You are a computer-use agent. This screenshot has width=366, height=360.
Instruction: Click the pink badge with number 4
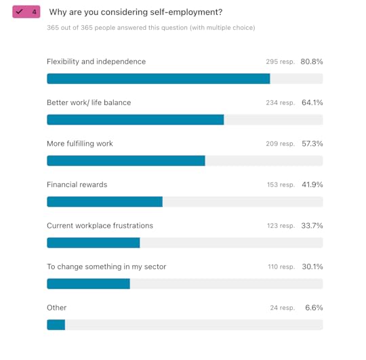coord(26,12)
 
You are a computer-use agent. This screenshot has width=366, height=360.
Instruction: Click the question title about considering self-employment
coord(136,12)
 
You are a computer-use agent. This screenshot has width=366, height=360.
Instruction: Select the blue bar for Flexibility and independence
coord(158,79)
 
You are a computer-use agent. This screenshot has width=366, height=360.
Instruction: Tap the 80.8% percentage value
coord(312,62)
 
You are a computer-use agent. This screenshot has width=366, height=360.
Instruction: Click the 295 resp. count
coord(280,62)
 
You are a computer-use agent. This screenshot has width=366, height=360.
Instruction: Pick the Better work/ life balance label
coord(89,102)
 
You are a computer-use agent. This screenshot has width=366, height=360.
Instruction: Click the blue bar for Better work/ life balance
coord(135,119)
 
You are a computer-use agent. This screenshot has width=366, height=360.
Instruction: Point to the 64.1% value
coord(312,102)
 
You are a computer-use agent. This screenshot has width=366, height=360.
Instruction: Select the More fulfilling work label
coord(80,144)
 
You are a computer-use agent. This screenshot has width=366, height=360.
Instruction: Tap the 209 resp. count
coord(280,144)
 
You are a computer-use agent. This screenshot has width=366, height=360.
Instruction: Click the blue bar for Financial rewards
coord(104,201)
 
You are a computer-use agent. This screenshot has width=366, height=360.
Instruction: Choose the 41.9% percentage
coord(312,184)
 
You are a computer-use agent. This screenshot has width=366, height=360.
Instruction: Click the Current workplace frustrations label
coord(100,226)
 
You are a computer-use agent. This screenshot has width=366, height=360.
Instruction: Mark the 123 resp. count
coord(280,226)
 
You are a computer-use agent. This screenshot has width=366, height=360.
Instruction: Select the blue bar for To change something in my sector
coord(88,283)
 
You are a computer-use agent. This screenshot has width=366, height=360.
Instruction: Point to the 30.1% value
coord(312,266)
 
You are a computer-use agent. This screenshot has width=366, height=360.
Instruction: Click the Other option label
coord(56,308)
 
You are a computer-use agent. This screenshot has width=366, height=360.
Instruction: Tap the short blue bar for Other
coord(56,325)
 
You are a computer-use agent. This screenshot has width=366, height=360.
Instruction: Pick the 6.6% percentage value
coord(314,308)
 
